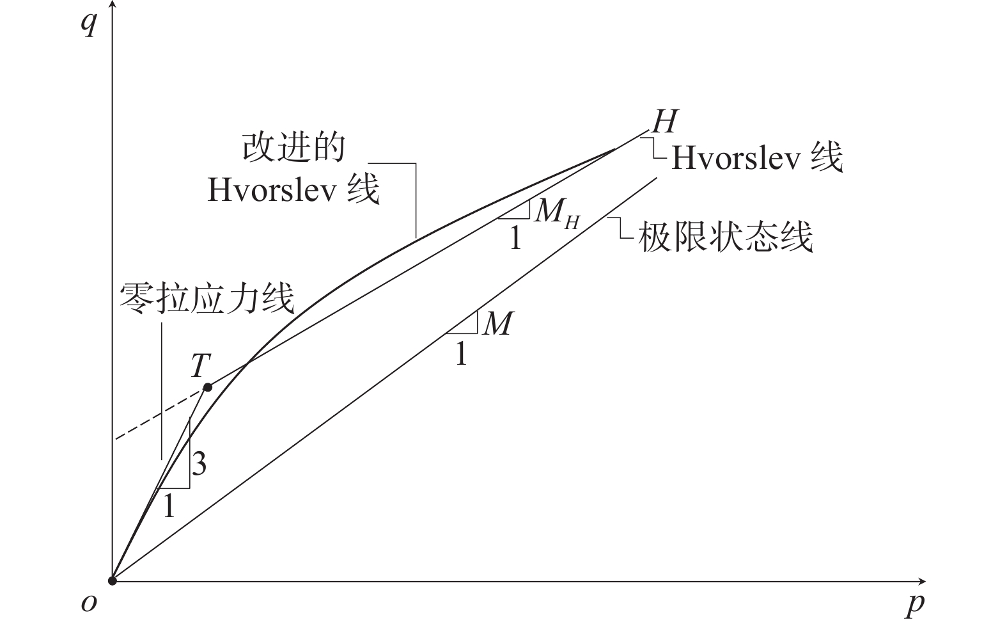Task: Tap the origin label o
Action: pos(89,603)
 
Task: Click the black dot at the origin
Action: pos(113,580)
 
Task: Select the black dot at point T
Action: pos(208,387)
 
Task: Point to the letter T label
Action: pos(201,365)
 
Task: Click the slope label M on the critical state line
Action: pos(498,324)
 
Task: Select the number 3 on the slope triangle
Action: pos(199,463)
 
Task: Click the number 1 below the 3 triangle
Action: pos(169,505)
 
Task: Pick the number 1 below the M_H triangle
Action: pos(515,237)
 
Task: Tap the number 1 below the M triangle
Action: pos(461,354)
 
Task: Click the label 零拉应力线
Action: pos(207,298)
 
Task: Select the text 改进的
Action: pos(293,147)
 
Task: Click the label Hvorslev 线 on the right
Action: pos(757,158)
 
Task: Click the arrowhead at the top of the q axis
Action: pos(113,4)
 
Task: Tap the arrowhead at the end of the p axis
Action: pos(921,581)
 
